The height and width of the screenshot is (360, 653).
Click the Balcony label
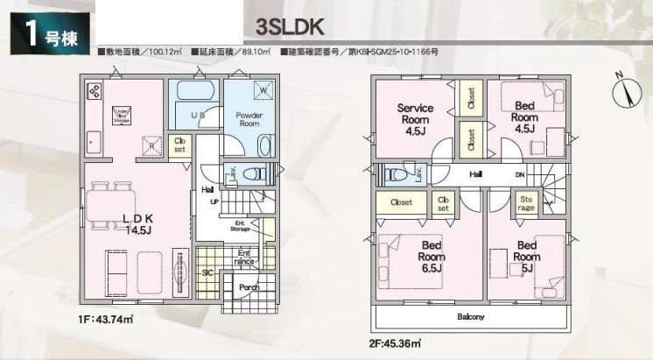click(x=470, y=316)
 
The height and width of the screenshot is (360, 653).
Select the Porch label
click(x=249, y=286)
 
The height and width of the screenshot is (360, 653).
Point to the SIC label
click(x=207, y=272)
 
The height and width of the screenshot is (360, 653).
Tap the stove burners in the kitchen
click(x=94, y=91)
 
